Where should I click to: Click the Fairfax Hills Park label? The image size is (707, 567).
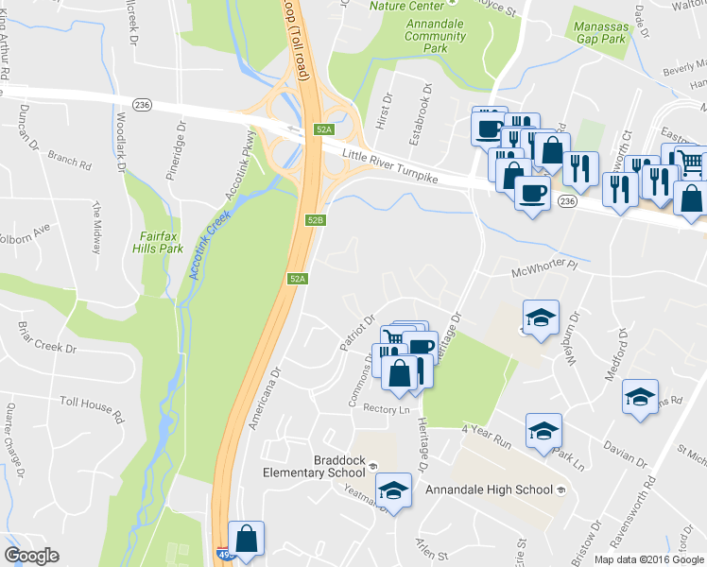point(160,242)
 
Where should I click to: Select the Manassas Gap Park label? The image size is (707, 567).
point(601,34)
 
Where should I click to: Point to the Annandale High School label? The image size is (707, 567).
point(489,490)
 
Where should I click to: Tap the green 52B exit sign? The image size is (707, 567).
point(316,220)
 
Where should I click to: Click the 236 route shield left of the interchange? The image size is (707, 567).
point(143,104)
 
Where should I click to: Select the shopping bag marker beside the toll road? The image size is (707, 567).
point(247,540)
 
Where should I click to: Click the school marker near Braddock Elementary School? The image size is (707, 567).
point(393,490)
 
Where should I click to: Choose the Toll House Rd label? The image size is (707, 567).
point(92,408)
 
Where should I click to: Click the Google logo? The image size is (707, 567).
point(31,556)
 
